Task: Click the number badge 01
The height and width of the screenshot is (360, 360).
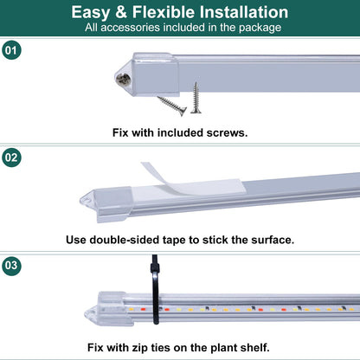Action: (11, 50)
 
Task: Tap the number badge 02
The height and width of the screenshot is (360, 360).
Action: (11, 157)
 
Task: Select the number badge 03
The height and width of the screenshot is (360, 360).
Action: (11, 266)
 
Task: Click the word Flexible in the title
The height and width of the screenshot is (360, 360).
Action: (164, 12)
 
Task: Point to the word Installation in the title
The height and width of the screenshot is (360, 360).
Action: (244, 12)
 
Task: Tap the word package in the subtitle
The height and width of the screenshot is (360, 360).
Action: (260, 29)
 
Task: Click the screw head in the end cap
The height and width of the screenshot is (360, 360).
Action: (124, 80)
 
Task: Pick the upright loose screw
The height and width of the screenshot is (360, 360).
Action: (196, 98)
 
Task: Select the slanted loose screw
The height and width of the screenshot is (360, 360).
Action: (172, 106)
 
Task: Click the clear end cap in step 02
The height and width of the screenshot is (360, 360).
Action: (106, 202)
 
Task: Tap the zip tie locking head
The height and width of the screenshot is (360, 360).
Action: (156, 267)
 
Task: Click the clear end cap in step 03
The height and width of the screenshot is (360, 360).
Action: (106, 309)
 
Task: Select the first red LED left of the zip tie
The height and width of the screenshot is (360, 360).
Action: (143, 310)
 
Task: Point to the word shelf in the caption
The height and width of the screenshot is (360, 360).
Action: (257, 347)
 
